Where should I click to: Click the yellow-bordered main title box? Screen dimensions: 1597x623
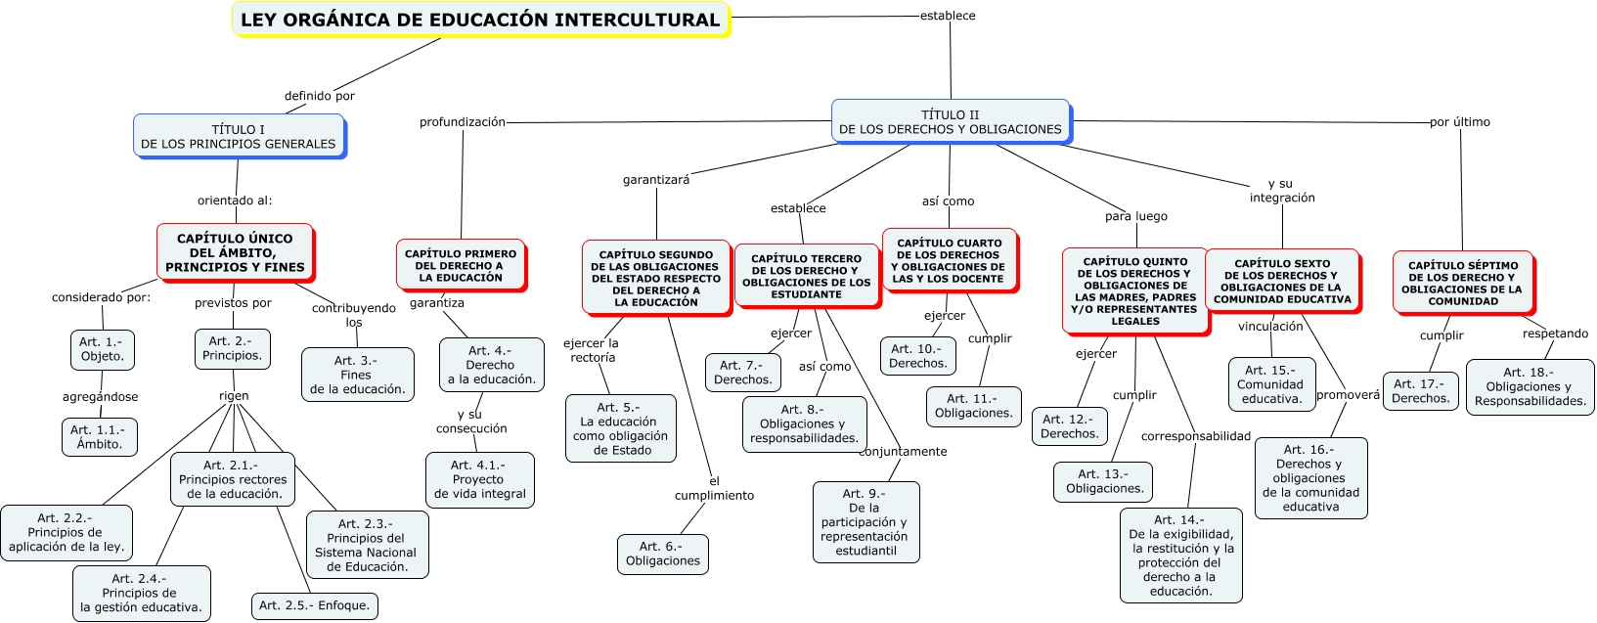click(x=481, y=20)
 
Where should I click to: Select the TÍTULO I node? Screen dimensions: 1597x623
click(x=239, y=136)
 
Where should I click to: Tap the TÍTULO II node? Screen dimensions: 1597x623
click(x=952, y=122)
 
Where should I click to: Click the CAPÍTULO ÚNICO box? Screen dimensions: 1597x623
click(x=236, y=253)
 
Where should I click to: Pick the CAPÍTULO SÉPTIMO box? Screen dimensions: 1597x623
click(x=1463, y=283)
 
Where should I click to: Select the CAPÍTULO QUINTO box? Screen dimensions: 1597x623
click(x=1135, y=290)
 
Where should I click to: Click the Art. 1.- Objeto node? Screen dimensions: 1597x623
click(x=102, y=349)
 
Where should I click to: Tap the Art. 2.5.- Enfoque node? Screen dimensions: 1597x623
click(x=314, y=606)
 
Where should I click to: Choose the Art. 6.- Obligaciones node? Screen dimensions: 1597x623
click(x=663, y=554)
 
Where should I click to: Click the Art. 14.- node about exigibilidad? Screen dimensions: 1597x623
click(x=1180, y=556)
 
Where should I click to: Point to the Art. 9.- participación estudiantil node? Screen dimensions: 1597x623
click(x=866, y=522)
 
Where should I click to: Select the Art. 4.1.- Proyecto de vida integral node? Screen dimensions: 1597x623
click(x=480, y=480)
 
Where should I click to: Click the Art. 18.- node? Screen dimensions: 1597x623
click(x=1530, y=386)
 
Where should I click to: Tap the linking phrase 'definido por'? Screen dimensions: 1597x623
click(x=320, y=96)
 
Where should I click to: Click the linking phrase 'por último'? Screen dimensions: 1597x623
click(x=1459, y=122)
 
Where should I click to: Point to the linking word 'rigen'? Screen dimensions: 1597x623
click(x=234, y=396)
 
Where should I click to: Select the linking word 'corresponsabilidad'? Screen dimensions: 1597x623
click(x=1196, y=436)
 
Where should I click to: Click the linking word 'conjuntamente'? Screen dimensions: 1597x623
click(x=903, y=451)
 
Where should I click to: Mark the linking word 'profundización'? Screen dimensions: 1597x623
click(x=462, y=122)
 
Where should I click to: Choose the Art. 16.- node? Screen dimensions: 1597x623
click(x=1311, y=478)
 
